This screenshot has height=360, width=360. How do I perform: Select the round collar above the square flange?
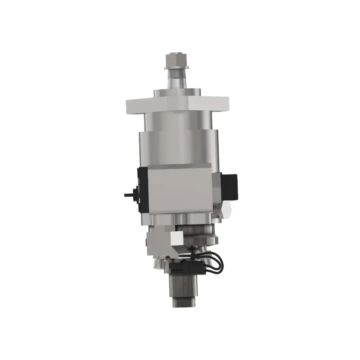(x=177, y=93)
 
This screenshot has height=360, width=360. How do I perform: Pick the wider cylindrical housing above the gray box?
(x=178, y=146)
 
